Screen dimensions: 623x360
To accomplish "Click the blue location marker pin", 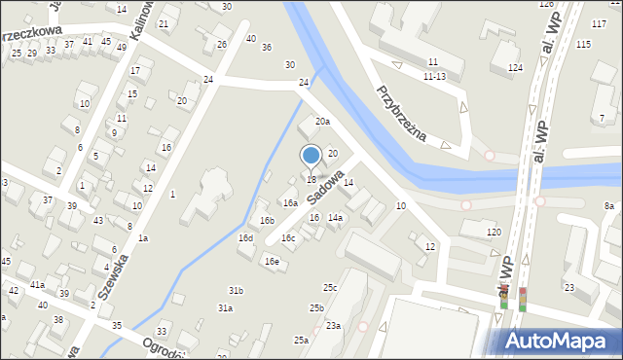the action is (311, 156).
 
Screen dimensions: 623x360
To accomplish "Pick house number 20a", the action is (321, 122).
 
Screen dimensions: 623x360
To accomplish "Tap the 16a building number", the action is (289, 202).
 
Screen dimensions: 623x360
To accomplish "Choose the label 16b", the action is (266, 221).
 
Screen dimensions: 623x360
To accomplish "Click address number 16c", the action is (288, 237).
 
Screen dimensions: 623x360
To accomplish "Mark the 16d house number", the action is (245, 238).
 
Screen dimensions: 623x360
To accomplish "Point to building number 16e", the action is (272, 261).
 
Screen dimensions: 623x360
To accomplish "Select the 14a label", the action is (334, 218).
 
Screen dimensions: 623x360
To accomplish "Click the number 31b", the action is (236, 291).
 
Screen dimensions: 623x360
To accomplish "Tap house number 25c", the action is (330, 287).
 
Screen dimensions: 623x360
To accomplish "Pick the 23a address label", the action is (333, 325).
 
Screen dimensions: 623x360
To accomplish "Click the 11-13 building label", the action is (434, 76).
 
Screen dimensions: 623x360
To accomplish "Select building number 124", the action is (514, 67).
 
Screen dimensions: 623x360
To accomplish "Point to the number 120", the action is (494, 232).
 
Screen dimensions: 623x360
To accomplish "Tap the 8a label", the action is (608, 205).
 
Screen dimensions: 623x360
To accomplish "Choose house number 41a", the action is (37, 284).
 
